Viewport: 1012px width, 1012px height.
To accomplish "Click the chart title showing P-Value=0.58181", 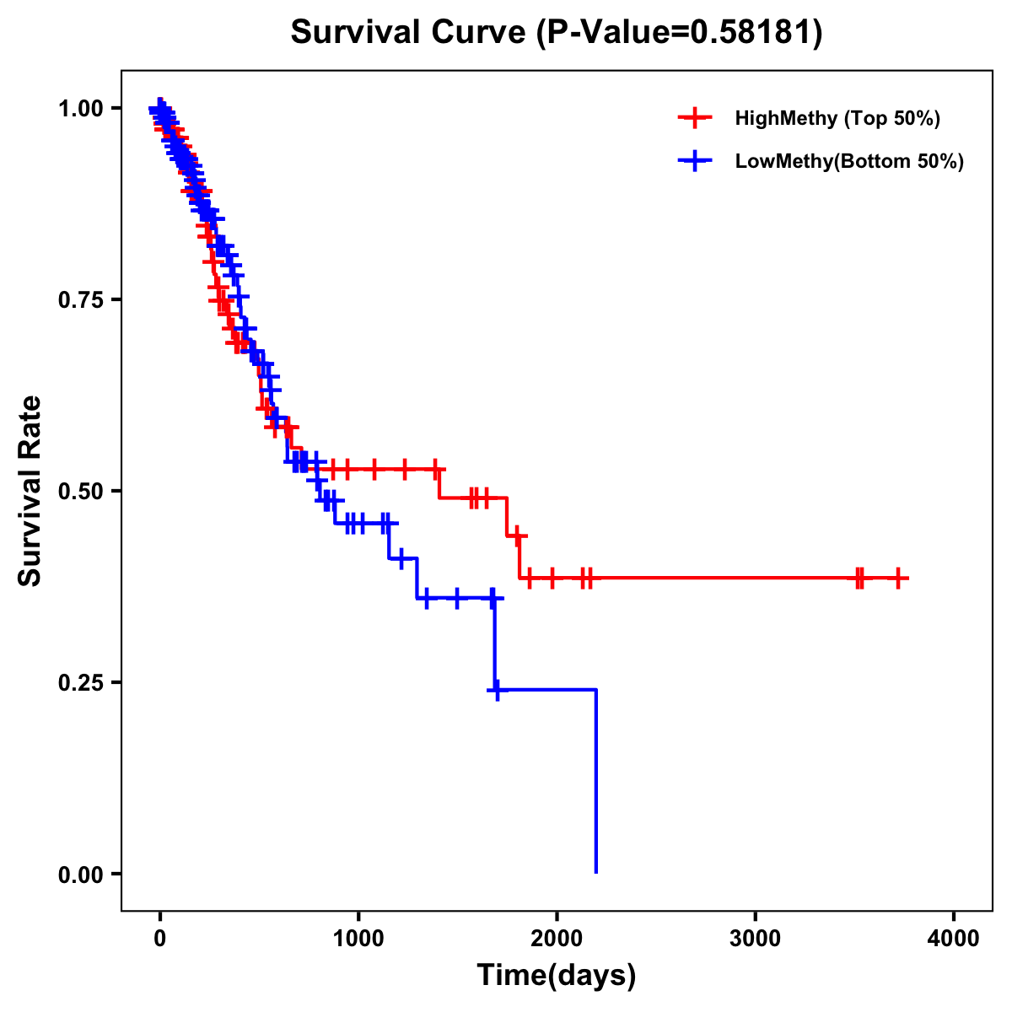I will click(x=556, y=33).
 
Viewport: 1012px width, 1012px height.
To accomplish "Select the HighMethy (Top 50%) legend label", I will click(x=837, y=118).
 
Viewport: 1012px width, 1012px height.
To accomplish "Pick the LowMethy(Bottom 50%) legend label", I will click(x=848, y=161).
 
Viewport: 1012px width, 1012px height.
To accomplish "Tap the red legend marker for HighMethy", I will click(x=695, y=118).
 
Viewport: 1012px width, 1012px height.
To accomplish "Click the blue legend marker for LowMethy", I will click(x=695, y=161).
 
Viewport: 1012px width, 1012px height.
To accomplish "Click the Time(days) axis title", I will click(x=557, y=976).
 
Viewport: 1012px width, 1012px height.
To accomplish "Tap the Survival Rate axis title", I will click(x=30, y=491).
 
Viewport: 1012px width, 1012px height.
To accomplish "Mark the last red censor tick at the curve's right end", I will click(x=899, y=578).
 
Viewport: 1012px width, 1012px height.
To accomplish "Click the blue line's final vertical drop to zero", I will click(x=596, y=784).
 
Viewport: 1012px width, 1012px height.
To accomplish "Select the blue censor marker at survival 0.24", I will click(x=498, y=690).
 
